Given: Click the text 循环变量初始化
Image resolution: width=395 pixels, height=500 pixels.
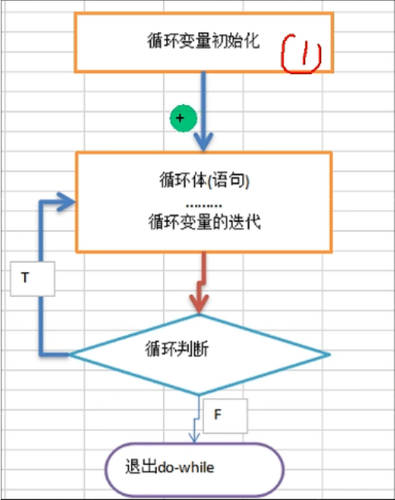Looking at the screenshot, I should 203,41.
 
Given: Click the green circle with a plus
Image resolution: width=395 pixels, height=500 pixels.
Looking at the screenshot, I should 183,118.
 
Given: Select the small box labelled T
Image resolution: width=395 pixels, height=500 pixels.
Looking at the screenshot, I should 32,278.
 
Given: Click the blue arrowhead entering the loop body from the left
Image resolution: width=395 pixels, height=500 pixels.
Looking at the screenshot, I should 68,200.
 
